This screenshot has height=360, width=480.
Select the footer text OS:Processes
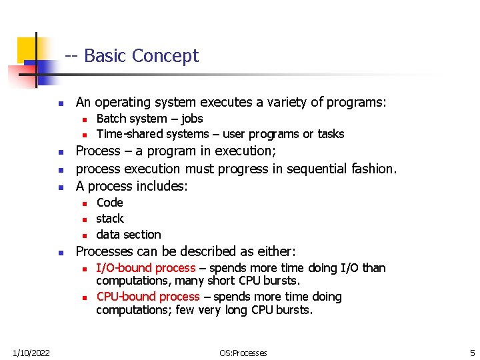point(243,353)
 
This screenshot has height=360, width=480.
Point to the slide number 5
point(471,353)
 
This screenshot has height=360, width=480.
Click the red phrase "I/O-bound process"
point(146,268)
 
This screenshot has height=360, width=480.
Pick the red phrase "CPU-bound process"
point(148,297)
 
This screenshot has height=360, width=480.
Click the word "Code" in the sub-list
point(109,203)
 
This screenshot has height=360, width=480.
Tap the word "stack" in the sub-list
point(110,219)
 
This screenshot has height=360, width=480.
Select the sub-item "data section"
point(129,235)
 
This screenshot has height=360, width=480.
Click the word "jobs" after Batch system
point(192,119)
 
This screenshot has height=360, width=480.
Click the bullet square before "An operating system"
point(60,103)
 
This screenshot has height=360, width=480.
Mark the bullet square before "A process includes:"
point(60,187)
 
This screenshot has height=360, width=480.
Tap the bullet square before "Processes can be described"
point(60,253)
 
